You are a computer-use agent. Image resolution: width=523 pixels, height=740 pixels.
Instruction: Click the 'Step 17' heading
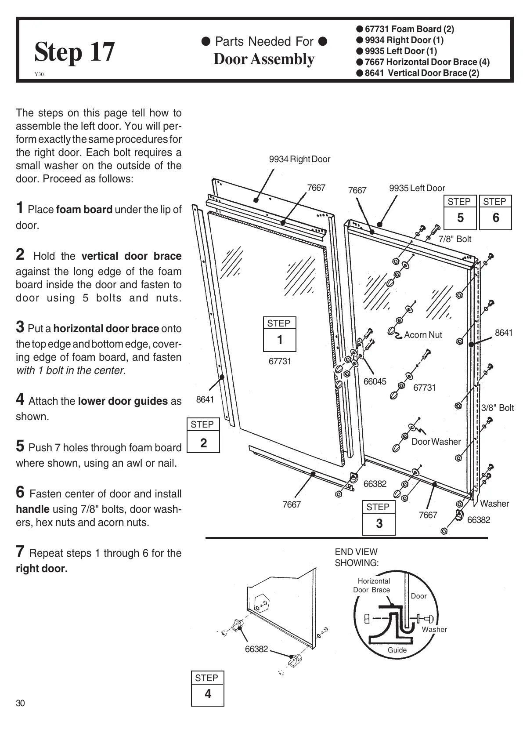tap(75, 52)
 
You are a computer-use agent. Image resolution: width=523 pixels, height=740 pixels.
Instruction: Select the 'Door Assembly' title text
tap(264, 59)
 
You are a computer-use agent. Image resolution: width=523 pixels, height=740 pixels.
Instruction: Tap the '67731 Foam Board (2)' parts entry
tap(409, 29)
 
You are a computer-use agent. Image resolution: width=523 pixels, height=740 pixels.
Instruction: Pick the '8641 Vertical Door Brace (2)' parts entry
tap(422, 73)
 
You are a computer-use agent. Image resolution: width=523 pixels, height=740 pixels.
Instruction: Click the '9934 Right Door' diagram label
tap(299, 159)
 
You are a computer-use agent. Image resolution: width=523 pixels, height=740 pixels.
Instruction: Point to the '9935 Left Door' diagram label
tap(417, 188)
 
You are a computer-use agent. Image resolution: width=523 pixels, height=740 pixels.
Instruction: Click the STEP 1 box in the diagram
tap(279, 334)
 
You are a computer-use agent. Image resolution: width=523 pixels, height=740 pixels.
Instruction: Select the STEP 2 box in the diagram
tap(203, 435)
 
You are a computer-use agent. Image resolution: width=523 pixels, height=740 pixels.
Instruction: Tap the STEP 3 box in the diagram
tap(379, 517)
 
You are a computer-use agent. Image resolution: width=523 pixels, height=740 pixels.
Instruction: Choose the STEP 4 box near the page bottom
tap(207, 688)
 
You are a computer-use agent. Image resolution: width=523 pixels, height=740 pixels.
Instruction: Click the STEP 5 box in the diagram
tap(460, 212)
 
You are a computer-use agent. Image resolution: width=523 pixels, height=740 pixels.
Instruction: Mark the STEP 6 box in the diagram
tap(495, 212)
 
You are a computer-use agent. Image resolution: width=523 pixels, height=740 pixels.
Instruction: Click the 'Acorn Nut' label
tap(423, 335)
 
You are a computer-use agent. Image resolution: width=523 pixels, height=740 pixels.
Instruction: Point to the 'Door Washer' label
tap(436, 442)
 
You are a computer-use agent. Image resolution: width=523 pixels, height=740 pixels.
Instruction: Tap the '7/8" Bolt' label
tap(455, 239)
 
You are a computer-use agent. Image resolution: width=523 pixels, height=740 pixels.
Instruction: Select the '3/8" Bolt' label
tap(498, 408)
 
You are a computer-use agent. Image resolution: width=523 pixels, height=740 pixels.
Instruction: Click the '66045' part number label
tap(375, 381)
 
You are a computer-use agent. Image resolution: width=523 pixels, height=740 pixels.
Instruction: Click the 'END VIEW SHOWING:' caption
tap(357, 557)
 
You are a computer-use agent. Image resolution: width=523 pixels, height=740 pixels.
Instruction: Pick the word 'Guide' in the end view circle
tap(397, 650)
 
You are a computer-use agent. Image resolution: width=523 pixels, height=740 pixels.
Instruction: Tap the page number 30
tap(20, 703)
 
